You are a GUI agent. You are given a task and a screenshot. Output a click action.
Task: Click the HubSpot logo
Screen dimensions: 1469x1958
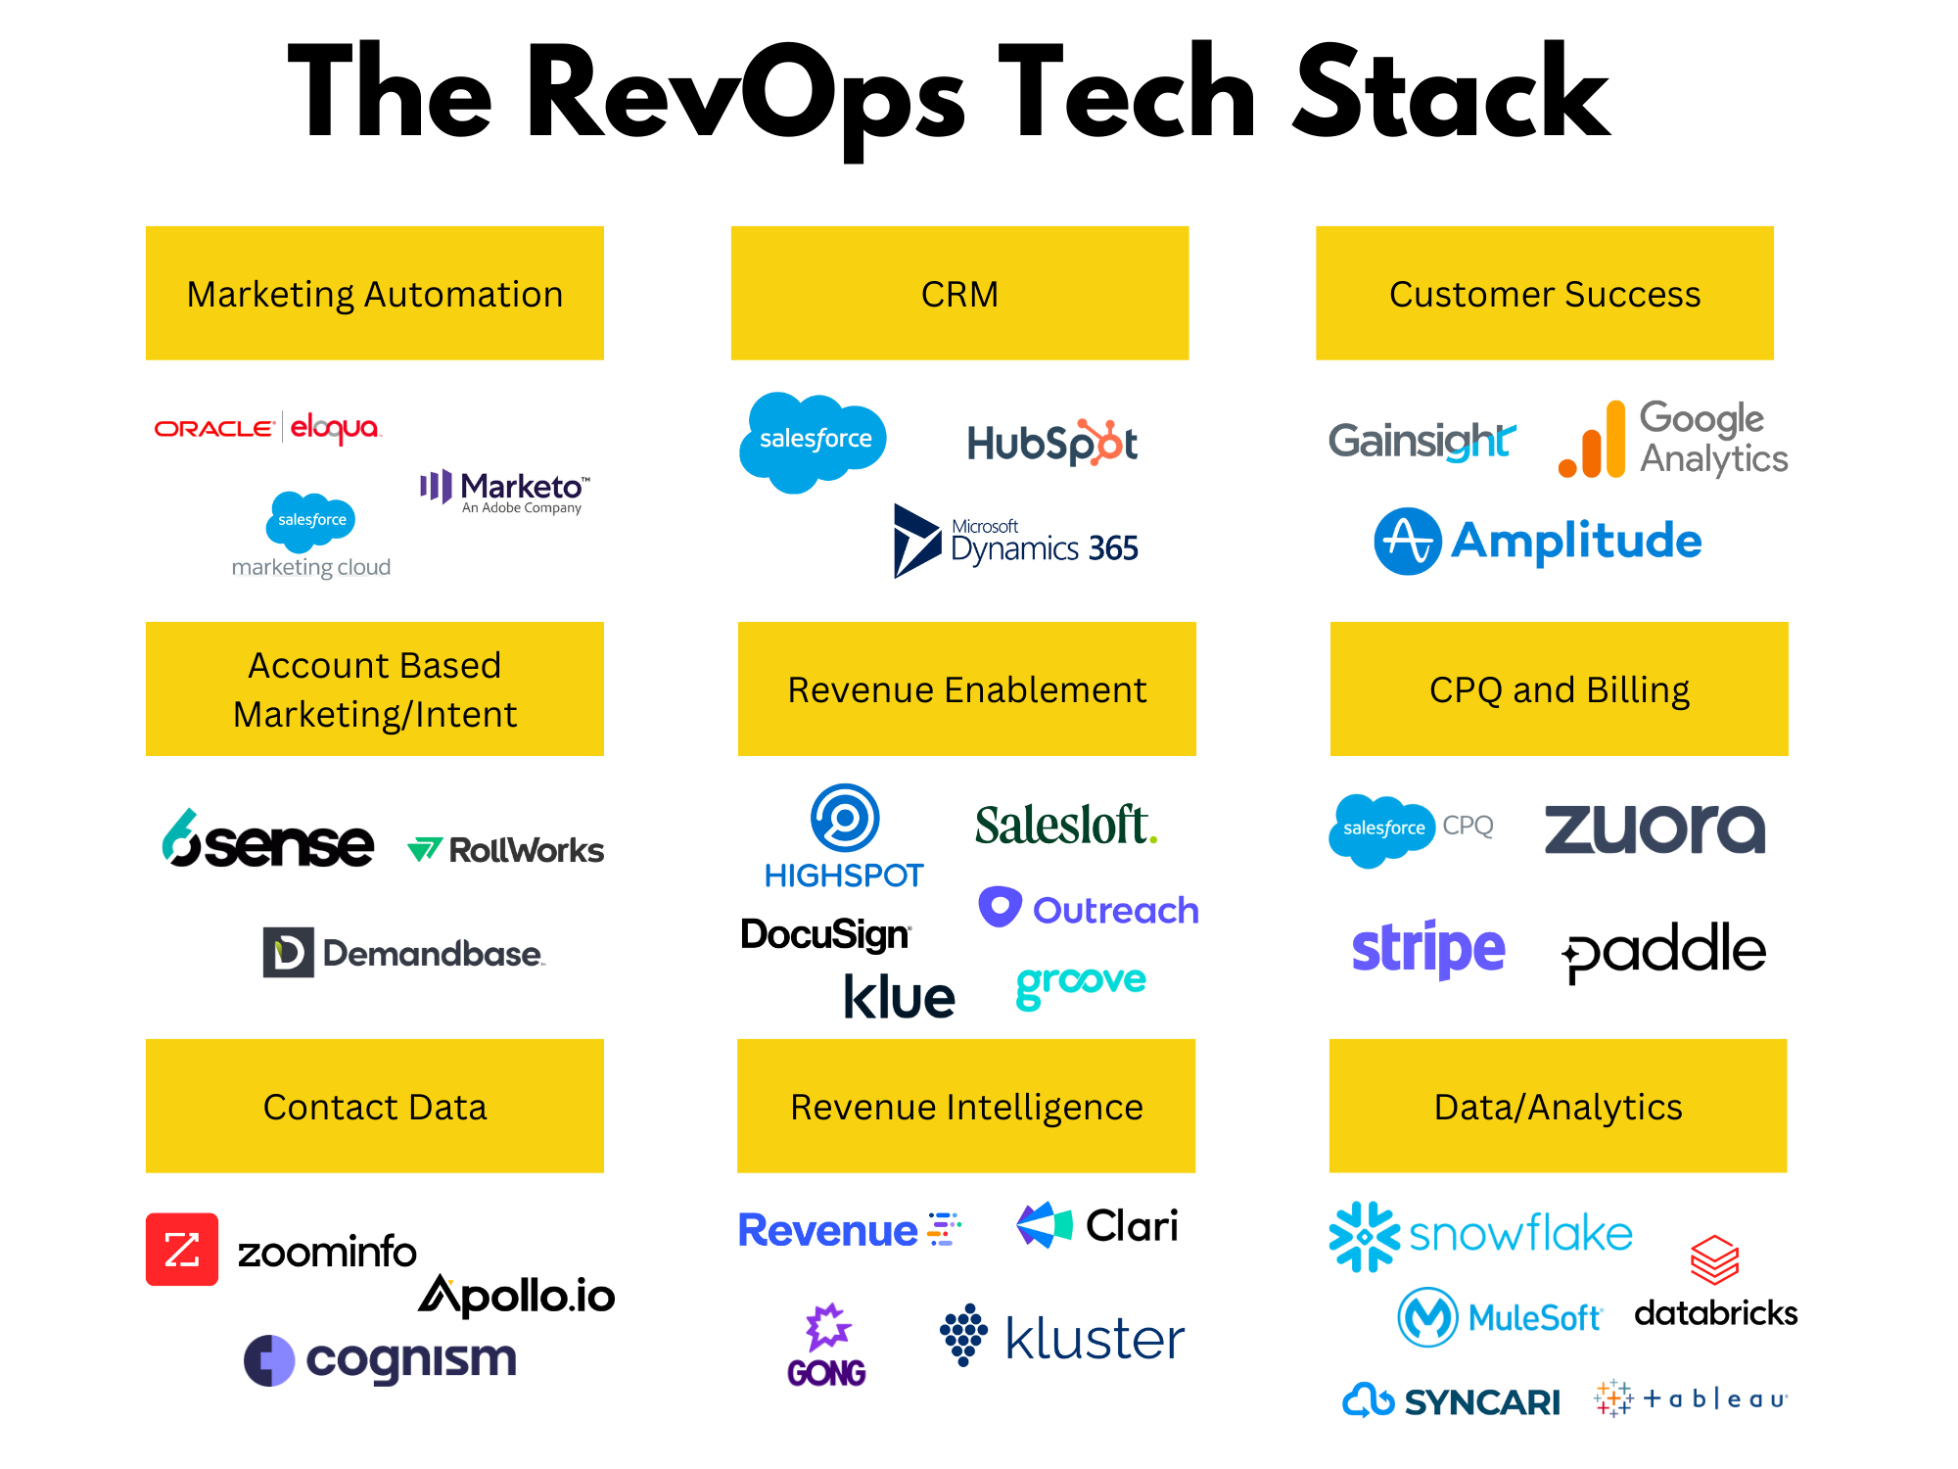tap(1051, 443)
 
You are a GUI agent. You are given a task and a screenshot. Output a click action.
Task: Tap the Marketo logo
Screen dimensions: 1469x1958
tap(505, 490)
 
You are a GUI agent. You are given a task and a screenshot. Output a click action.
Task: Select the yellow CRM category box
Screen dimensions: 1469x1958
tap(959, 294)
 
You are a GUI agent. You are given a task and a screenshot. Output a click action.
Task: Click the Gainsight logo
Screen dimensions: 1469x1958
tap(1422, 441)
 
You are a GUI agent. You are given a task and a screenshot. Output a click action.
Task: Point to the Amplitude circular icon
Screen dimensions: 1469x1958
tap(1408, 541)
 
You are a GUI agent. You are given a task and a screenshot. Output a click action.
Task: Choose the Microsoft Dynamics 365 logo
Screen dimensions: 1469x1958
tap(1016, 542)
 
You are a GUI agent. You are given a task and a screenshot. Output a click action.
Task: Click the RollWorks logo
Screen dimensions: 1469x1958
tap(505, 849)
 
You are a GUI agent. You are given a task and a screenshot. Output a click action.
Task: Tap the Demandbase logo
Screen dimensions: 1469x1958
tap(403, 952)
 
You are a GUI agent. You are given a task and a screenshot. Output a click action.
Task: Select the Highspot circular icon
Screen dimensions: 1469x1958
tap(845, 818)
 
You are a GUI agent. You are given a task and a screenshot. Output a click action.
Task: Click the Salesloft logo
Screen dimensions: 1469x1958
tap(1065, 825)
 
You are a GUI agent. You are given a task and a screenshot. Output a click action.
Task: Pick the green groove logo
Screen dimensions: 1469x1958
tap(1081, 983)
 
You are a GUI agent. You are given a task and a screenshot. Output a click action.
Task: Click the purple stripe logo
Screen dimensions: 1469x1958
tap(1427, 948)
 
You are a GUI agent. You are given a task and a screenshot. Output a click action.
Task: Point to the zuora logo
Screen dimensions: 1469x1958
tap(1655, 829)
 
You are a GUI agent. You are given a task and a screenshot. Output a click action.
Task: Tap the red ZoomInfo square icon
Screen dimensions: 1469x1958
tap(182, 1250)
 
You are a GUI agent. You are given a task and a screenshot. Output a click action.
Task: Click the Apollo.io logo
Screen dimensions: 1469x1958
tap(517, 1295)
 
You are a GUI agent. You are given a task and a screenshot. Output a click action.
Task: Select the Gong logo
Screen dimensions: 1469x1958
tap(827, 1345)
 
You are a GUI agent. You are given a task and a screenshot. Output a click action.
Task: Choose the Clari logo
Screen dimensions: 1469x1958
tap(1097, 1225)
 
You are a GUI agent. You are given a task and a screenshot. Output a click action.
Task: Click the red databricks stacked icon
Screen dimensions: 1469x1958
tap(1714, 1259)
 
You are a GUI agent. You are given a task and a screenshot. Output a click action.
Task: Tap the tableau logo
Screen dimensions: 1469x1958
tap(1691, 1398)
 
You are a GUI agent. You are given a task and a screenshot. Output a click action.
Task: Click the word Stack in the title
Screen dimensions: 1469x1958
tap(1451, 96)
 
